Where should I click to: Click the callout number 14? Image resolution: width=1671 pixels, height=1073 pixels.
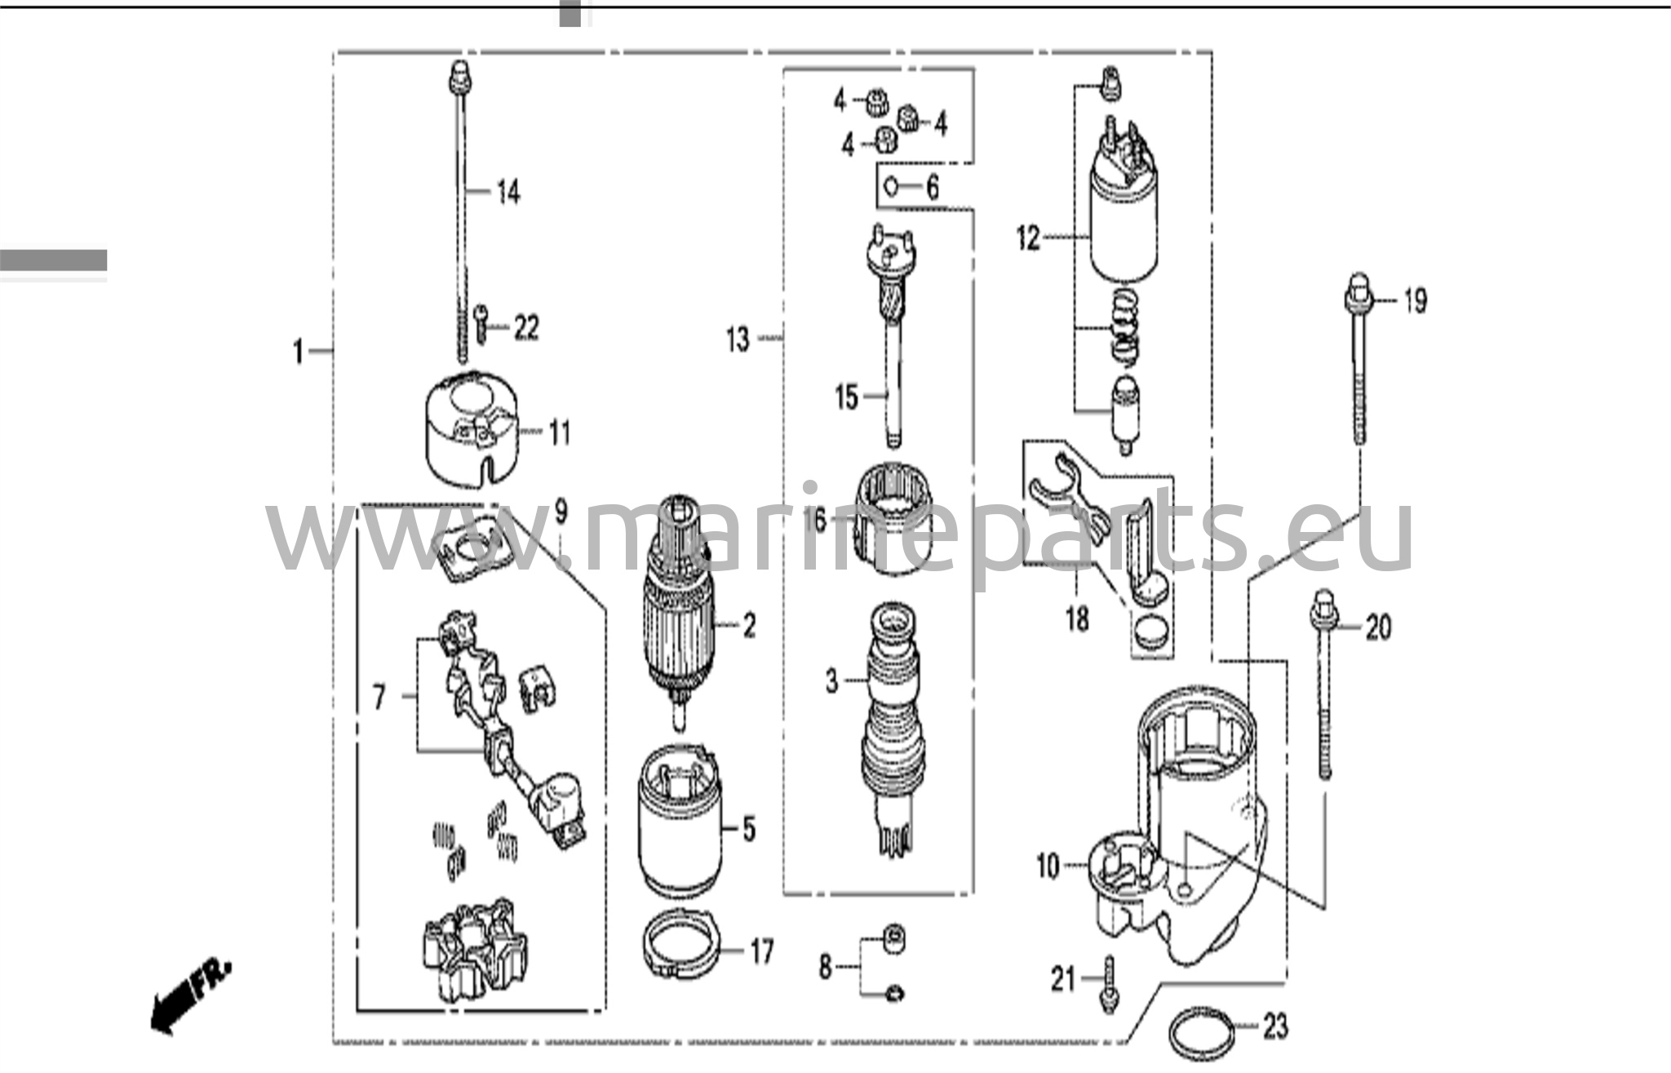tap(508, 193)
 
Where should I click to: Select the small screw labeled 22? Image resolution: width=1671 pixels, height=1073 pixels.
tap(481, 324)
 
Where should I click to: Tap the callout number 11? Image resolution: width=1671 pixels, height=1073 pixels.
tap(559, 432)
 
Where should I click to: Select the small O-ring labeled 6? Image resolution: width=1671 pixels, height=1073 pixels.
tap(892, 187)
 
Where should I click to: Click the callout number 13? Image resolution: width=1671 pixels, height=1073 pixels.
tap(738, 338)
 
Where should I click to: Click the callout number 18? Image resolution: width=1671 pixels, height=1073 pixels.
tap(1077, 619)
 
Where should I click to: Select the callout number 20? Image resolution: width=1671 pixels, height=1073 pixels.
tap(1378, 627)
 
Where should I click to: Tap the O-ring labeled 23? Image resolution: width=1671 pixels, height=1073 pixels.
tap(1202, 1034)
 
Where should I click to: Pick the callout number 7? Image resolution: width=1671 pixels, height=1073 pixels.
tap(379, 698)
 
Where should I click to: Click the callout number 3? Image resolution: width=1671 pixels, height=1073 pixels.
tap(831, 680)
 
